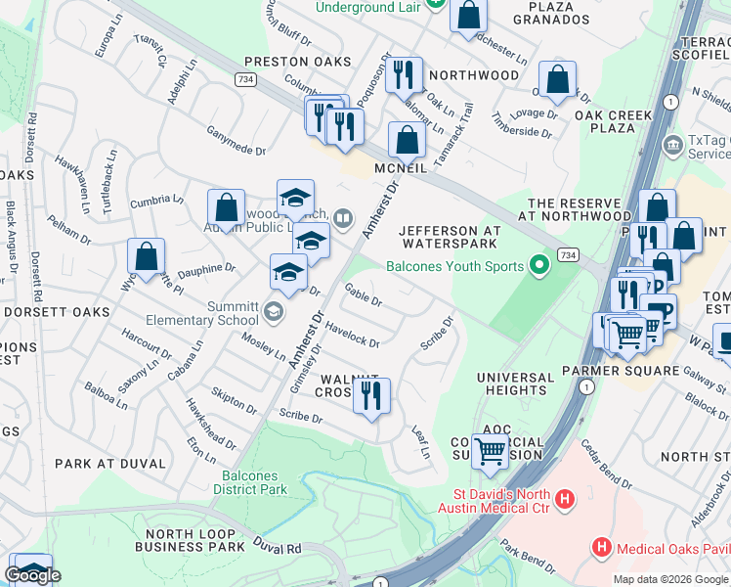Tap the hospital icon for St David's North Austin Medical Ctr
564,500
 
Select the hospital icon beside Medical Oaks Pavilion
603,545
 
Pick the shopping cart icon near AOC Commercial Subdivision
491,451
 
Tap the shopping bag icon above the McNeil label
407,140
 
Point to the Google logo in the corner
32,575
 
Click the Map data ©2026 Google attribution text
670,579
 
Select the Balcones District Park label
250,481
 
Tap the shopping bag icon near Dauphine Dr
146,256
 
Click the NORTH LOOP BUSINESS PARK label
194,540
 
